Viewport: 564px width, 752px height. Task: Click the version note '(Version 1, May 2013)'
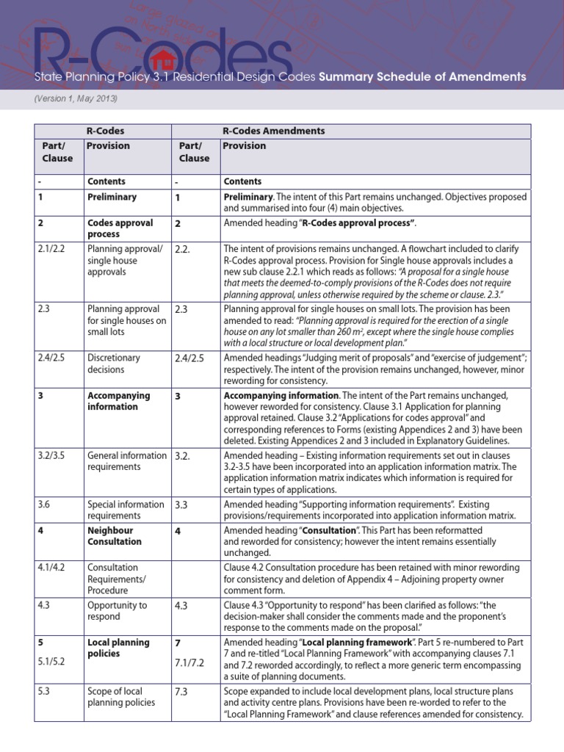pyautogui.click(x=76, y=98)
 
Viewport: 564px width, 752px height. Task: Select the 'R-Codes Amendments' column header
pyautogui.click(x=273, y=131)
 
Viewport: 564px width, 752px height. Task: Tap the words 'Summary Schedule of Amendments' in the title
pyautogui.click(x=422, y=76)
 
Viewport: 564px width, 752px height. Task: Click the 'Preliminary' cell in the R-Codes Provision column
pyautogui.click(x=112, y=198)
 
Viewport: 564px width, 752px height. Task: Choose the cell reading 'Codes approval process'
pyautogui.click(x=120, y=228)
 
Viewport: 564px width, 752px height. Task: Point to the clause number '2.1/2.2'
pyautogui.click(x=52, y=248)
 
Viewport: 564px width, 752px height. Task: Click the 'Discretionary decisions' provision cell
pyautogui.click(x=114, y=364)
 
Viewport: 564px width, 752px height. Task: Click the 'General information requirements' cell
pyautogui.click(x=126, y=461)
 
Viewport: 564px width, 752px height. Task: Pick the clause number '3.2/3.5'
pyautogui.click(x=52, y=455)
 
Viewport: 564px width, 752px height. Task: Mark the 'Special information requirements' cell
pyautogui.click(x=125, y=510)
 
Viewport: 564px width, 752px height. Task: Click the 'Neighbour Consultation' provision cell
pyautogui.click(x=114, y=535)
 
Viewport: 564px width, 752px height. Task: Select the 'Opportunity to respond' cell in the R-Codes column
pyautogui.click(x=117, y=611)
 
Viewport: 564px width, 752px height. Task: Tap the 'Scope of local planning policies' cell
pyautogui.click(x=121, y=697)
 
